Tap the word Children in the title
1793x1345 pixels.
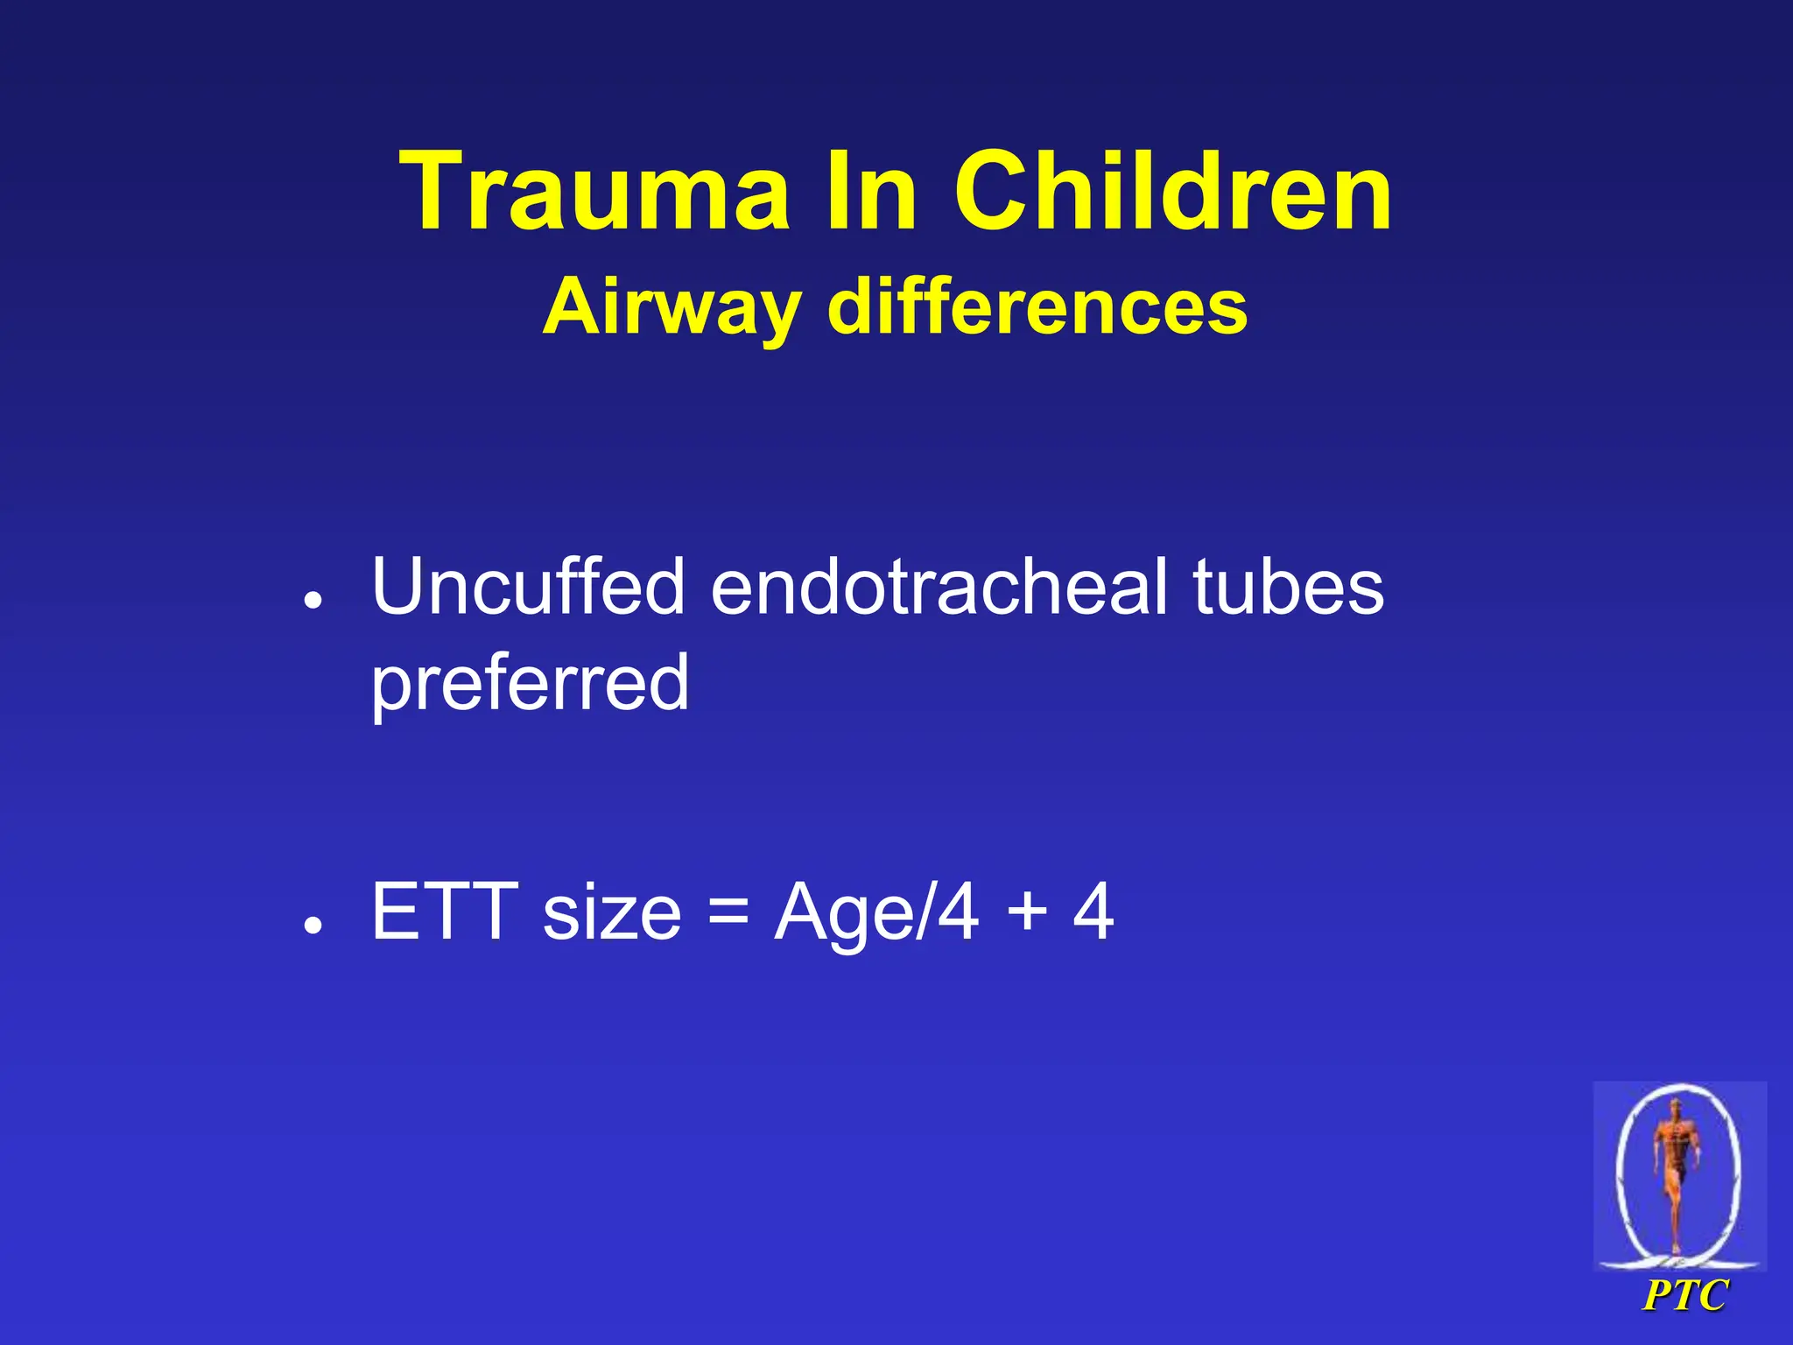click(x=1172, y=192)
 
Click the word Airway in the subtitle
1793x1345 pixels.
click(x=671, y=309)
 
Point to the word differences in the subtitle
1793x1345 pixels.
click(x=1037, y=307)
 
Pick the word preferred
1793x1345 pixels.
click(x=530, y=685)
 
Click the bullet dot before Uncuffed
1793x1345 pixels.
click(x=313, y=600)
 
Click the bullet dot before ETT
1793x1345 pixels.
click(x=313, y=925)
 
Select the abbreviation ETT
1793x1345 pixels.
click(x=444, y=912)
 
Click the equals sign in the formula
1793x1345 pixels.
click(x=728, y=912)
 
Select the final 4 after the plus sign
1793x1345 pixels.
click(x=1093, y=912)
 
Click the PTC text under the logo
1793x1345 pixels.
click(x=1684, y=1295)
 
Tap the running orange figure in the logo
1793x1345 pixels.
click(x=1675, y=1165)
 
